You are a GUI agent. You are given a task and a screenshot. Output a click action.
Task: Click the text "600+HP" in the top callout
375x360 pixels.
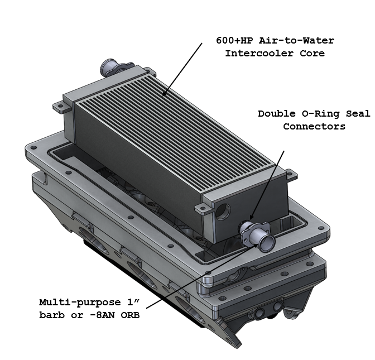[x=234, y=40]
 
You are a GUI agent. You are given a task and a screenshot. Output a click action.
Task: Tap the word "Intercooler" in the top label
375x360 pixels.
[x=259, y=53]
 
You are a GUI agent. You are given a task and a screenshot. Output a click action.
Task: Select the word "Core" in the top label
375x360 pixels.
[x=312, y=53]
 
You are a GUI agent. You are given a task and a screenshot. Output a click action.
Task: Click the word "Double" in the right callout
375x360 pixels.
[x=277, y=113]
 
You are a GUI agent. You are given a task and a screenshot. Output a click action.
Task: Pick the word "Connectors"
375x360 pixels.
[x=314, y=126]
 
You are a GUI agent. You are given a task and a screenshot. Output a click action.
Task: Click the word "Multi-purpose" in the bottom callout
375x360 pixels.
[x=80, y=303]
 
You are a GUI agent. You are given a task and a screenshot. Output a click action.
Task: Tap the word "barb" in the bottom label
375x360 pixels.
[x=52, y=315]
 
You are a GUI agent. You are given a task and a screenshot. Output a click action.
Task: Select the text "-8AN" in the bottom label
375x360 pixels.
[x=103, y=315]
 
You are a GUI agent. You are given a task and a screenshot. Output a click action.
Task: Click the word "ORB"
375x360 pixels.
[x=130, y=315]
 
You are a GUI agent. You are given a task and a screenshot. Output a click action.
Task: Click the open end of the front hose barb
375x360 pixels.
[x=267, y=244]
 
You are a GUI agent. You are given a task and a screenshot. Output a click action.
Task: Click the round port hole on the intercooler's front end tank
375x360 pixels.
[x=223, y=212]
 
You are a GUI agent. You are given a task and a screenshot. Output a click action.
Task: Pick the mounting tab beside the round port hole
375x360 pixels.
[x=204, y=208]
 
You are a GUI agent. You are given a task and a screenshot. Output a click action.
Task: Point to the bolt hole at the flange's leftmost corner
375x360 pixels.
[x=33, y=147]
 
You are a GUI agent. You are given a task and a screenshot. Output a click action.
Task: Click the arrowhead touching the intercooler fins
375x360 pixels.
[x=164, y=93]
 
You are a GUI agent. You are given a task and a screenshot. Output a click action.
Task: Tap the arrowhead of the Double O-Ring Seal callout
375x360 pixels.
[x=252, y=216]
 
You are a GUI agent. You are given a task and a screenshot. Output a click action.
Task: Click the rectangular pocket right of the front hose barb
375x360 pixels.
[x=289, y=224]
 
